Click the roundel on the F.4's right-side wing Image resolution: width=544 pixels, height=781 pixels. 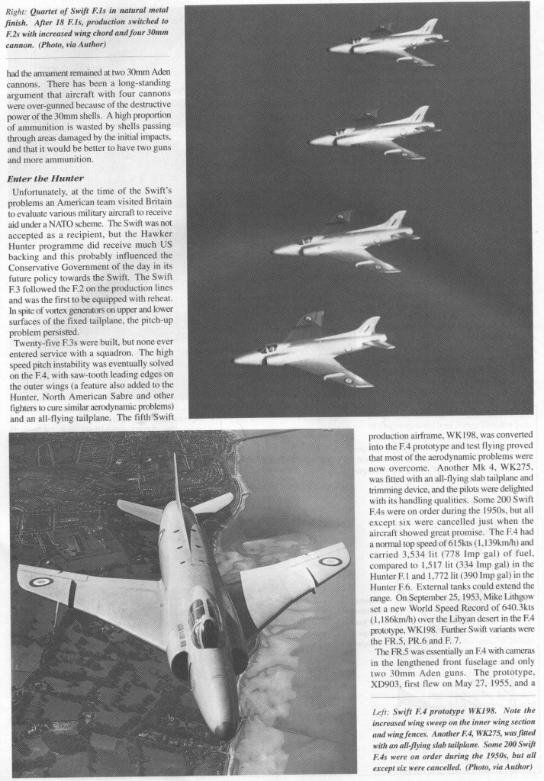click(330, 562)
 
